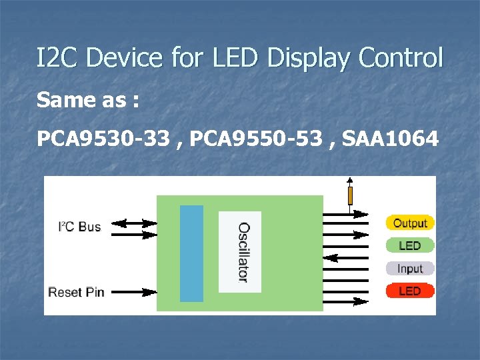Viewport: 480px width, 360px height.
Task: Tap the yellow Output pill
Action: click(x=410, y=223)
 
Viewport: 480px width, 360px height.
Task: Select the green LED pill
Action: click(x=410, y=245)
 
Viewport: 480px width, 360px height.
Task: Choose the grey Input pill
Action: click(x=410, y=268)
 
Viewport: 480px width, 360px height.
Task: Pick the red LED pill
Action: click(x=410, y=291)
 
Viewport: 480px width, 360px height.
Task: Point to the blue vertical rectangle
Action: click(x=191, y=253)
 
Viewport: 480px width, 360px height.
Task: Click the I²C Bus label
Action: click(x=79, y=227)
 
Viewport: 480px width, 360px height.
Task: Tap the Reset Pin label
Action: click(x=76, y=291)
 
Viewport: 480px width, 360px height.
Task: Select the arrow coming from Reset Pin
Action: click(x=133, y=291)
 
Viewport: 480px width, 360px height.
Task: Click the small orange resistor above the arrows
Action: click(x=350, y=195)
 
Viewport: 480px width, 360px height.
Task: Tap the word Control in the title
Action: click(x=401, y=59)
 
